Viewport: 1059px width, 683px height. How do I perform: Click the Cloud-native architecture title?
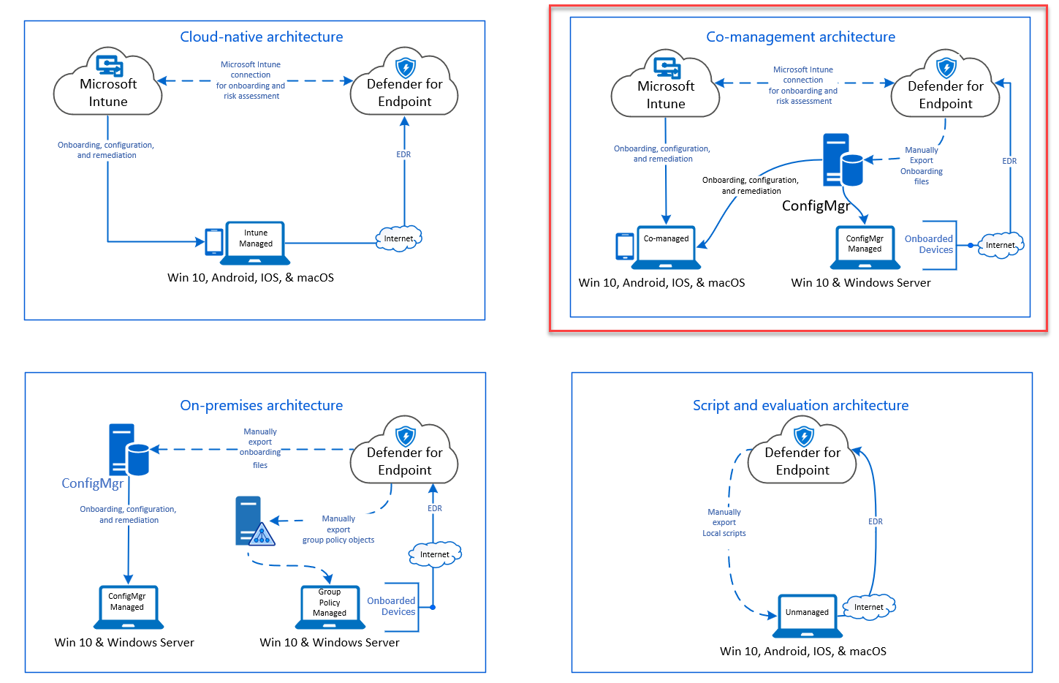tap(262, 37)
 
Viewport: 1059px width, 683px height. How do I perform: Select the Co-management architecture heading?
tap(800, 37)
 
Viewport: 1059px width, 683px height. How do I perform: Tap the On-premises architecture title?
tap(262, 405)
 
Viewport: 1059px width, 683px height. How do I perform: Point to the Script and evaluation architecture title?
tap(800, 405)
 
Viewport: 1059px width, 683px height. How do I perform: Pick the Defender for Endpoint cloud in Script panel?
tap(802, 458)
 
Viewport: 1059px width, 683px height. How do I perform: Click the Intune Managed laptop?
tap(256, 242)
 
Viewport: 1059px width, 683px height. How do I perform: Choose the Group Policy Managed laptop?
tap(330, 606)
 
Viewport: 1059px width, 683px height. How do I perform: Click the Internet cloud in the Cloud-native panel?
tap(398, 238)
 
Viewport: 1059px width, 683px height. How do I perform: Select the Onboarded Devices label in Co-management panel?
tap(929, 244)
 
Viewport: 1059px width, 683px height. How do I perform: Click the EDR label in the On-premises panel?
tap(435, 508)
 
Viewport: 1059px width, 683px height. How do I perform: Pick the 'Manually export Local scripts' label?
tap(724, 523)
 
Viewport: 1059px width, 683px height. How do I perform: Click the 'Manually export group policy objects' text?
tap(338, 529)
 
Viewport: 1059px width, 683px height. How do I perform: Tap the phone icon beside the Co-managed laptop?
tap(625, 246)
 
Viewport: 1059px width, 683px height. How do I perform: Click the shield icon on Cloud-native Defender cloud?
tap(406, 67)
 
